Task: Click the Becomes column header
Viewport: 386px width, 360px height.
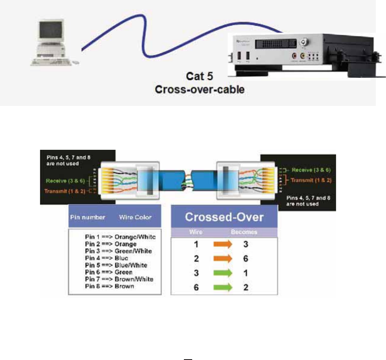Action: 244,232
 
